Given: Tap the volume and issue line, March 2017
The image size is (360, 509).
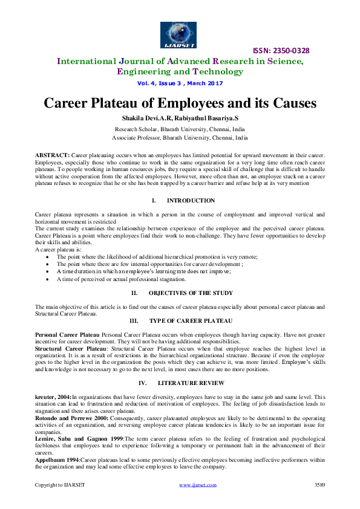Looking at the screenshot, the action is pyautogui.click(x=180, y=83).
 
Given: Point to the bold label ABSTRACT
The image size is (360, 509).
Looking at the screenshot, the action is pyautogui.click(x=53, y=156).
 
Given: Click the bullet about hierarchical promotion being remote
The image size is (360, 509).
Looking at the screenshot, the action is pyautogui.click(x=157, y=257).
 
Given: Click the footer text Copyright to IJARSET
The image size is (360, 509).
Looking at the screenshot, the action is pyautogui.click(x=60, y=485).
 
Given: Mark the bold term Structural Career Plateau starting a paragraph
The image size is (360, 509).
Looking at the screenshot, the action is pyautogui.click(x=67, y=349).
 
